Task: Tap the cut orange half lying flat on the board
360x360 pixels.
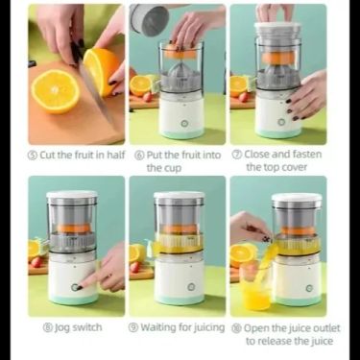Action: [56, 91]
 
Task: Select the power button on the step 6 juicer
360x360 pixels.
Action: [184, 124]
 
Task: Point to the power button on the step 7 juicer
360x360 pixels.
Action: [281, 122]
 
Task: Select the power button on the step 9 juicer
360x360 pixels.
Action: [191, 286]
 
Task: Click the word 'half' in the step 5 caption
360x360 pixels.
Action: [115, 155]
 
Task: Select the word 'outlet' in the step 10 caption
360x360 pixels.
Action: [326, 328]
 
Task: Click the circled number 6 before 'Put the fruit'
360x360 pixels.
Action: [139, 156]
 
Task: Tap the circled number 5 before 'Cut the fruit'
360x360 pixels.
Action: [33, 156]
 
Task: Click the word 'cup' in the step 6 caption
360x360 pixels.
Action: [173, 168]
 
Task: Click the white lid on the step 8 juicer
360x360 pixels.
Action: [72, 194]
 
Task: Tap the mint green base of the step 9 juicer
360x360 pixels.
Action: [180, 299]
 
